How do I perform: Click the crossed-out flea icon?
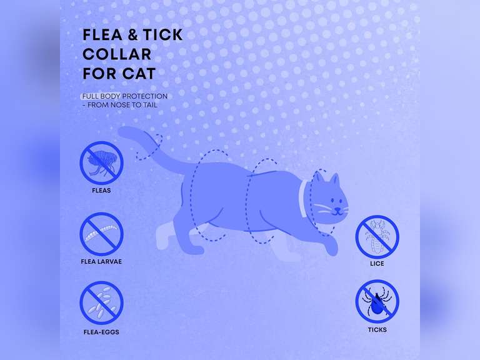click(101, 163)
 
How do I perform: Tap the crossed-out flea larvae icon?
click(101, 234)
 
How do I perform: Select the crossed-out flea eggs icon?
click(101, 302)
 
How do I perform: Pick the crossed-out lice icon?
click(377, 237)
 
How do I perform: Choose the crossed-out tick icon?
click(377, 301)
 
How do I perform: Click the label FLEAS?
click(101, 191)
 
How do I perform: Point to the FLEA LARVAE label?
click(101, 261)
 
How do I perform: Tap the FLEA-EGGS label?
click(101, 332)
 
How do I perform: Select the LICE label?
click(377, 264)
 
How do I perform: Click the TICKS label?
click(377, 330)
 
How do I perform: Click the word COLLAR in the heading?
click(117, 54)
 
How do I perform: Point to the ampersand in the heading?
click(132, 34)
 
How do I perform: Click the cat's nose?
click(337, 209)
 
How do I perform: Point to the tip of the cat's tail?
click(120, 132)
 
